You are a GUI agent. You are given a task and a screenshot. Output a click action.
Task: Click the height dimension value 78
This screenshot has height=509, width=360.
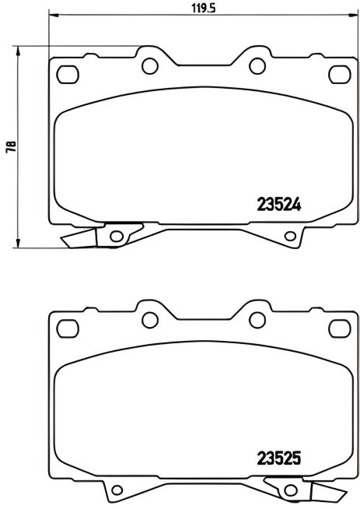pos(10,147)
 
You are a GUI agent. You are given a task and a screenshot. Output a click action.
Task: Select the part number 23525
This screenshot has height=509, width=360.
pos(278,458)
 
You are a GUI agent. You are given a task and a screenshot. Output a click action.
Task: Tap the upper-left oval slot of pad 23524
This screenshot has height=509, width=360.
pos(69,75)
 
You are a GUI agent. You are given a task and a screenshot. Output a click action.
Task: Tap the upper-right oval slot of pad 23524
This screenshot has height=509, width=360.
pos(339,75)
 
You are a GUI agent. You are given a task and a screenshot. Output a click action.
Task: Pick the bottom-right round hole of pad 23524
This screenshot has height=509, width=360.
pos(291,236)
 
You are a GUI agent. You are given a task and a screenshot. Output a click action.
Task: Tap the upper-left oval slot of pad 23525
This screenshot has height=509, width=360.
pos(69,330)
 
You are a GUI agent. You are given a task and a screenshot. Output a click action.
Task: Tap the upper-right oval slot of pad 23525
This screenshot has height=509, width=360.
pos(339,330)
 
